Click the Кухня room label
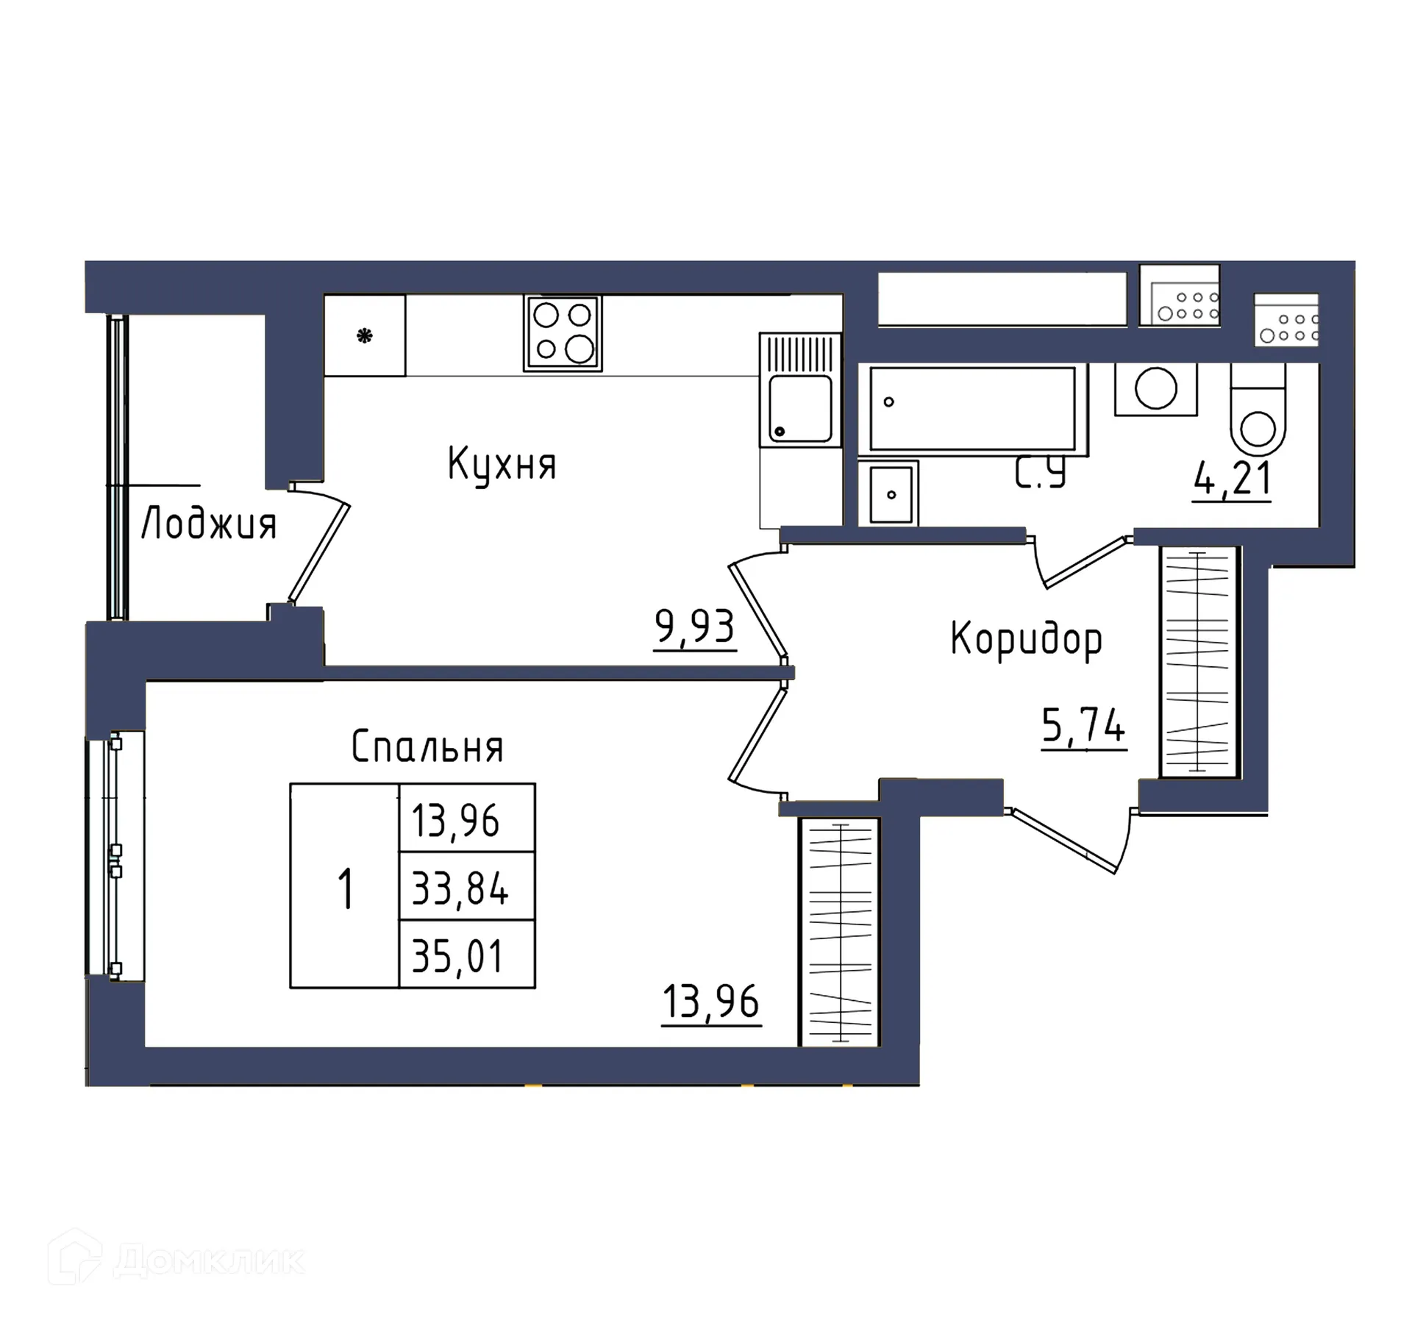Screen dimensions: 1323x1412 click(502, 465)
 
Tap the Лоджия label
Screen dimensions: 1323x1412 click(209, 524)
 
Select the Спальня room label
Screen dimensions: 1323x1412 click(427, 747)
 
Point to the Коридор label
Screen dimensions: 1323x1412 click(1027, 639)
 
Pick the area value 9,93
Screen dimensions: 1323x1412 click(694, 627)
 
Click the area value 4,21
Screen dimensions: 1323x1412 click(1233, 479)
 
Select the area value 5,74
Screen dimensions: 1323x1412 click(1083, 726)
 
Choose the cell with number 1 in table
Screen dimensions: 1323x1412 click(345, 888)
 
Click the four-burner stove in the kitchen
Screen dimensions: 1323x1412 click(563, 333)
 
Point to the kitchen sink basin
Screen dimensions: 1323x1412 click(800, 408)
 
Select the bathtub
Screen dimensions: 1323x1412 click(972, 409)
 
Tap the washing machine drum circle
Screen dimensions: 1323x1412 click(1155, 388)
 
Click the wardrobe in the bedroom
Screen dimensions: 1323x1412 click(840, 932)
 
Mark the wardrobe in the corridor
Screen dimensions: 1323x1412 click(1198, 661)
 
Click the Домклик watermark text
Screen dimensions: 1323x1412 click(209, 1262)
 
